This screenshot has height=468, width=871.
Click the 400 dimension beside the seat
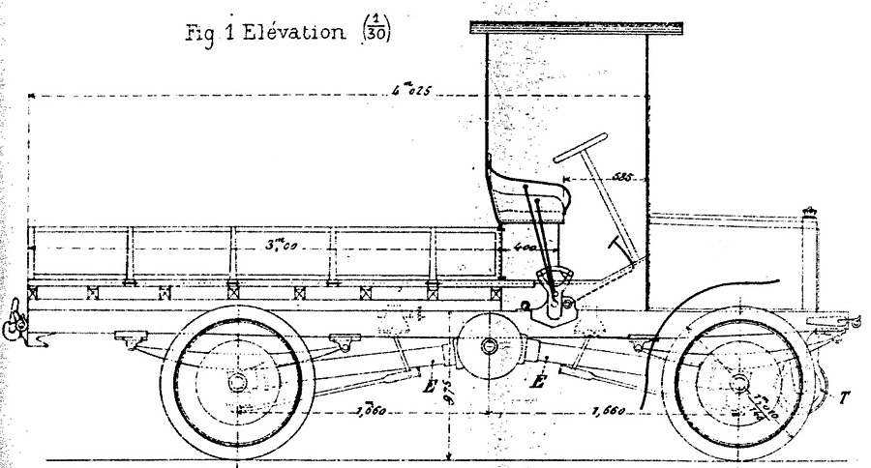pos(525,249)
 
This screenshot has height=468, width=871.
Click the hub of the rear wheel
pos(235,383)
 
